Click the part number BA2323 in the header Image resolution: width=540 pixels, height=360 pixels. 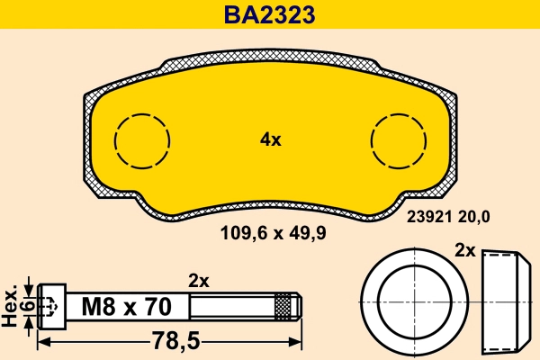270,15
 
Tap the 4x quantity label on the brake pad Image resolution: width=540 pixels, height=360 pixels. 270,139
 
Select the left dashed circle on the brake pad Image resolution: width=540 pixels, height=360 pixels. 142,141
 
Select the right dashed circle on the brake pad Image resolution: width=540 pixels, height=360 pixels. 399,141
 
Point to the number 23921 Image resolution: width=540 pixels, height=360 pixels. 428,216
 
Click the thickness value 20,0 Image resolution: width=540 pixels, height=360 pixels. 475,216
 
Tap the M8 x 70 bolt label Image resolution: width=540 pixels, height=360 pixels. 126,307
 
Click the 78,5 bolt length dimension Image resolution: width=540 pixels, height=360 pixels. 172,343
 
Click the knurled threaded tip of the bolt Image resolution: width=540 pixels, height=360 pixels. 285,306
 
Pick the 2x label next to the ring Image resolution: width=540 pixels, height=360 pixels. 465,250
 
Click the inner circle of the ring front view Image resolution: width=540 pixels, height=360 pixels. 413,300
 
